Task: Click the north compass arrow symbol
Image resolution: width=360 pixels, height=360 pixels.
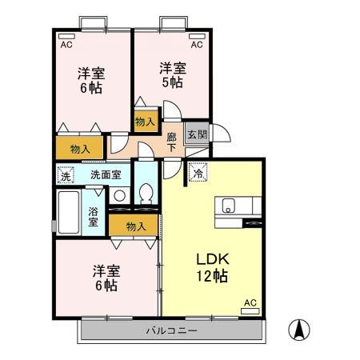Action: click(300, 329)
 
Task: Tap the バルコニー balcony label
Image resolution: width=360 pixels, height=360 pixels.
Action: click(171, 330)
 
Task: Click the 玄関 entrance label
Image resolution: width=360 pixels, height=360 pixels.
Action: click(196, 134)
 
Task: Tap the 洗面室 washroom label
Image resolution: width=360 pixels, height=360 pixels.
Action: click(106, 174)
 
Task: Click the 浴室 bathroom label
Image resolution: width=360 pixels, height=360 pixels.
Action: click(93, 216)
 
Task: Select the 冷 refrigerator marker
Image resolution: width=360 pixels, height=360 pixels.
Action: click(197, 172)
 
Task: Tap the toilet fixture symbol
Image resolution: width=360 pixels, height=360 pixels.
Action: click(146, 194)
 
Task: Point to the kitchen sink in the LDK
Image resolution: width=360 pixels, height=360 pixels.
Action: click(227, 203)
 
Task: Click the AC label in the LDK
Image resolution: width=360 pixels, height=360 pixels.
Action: click(250, 302)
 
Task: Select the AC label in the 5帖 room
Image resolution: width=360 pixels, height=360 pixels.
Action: click(196, 45)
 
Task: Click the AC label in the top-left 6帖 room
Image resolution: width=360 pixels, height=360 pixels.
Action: click(66, 45)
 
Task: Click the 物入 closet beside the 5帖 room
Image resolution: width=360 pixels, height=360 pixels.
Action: click(145, 122)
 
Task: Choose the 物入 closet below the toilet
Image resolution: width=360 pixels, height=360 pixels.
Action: click(136, 226)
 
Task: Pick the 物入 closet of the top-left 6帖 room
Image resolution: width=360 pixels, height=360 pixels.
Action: click(79, 149)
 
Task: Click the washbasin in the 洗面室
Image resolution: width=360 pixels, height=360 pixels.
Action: click(120, 195)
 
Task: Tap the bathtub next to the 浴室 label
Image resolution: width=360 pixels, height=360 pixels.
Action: click(70, 212)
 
